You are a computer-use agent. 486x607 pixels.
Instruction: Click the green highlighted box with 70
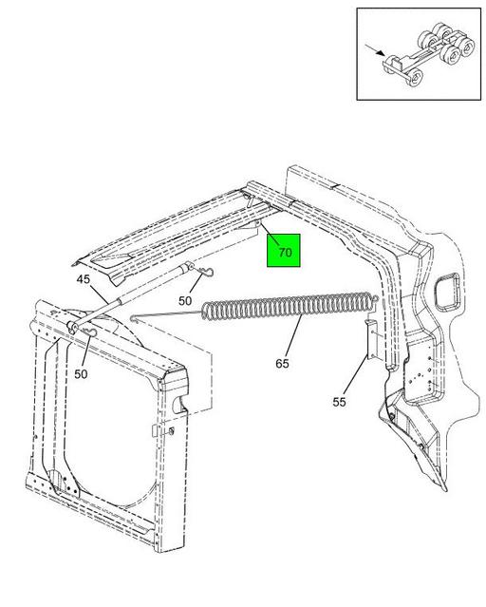click(284, 251)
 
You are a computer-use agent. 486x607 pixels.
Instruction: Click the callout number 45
click(83, 278)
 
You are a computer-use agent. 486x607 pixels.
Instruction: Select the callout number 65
click(282, 364)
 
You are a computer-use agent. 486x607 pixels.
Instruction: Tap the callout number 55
click(339, 402)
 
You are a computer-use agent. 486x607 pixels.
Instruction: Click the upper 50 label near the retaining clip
click(185, 301)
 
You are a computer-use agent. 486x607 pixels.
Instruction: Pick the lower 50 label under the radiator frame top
click(81, 374)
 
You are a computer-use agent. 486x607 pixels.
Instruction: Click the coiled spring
click(289, 306)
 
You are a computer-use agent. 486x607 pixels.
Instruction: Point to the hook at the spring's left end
click(135, 318)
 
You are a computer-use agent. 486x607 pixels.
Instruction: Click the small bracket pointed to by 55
click(371, 339)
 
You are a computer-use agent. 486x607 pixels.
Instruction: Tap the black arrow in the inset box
click(375, 50)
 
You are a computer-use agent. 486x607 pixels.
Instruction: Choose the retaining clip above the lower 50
click(90, 332)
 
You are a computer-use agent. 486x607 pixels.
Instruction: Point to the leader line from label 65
click(294, 336)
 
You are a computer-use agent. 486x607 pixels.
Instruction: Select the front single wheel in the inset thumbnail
click(416, 79)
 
